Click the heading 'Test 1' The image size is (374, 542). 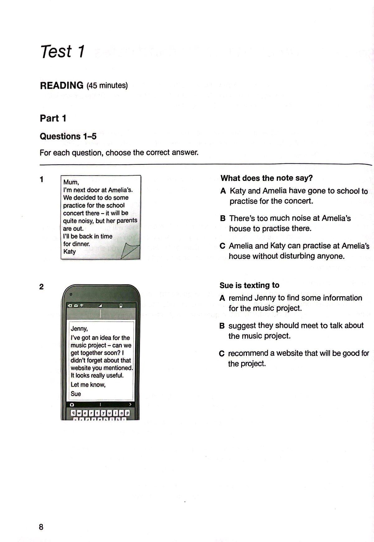62,51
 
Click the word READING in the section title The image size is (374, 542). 62,85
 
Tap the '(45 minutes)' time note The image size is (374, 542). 107,85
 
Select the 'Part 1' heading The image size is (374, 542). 53,118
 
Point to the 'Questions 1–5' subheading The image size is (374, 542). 68,136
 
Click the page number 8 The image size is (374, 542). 41,527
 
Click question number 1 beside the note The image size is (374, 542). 41,179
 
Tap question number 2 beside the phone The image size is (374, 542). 41,287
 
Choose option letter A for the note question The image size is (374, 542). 223,191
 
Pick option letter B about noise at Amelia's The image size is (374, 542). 223,218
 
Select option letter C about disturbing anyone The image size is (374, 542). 222,246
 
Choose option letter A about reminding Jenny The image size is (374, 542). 222,298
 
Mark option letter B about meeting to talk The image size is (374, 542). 222,326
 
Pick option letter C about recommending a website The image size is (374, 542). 222,353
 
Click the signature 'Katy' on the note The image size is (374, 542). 69,251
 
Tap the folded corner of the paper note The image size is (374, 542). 130,250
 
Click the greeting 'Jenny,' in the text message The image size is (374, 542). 79,328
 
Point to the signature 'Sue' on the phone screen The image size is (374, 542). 76,394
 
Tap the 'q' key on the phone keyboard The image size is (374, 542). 73,413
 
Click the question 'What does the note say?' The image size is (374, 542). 267,178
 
